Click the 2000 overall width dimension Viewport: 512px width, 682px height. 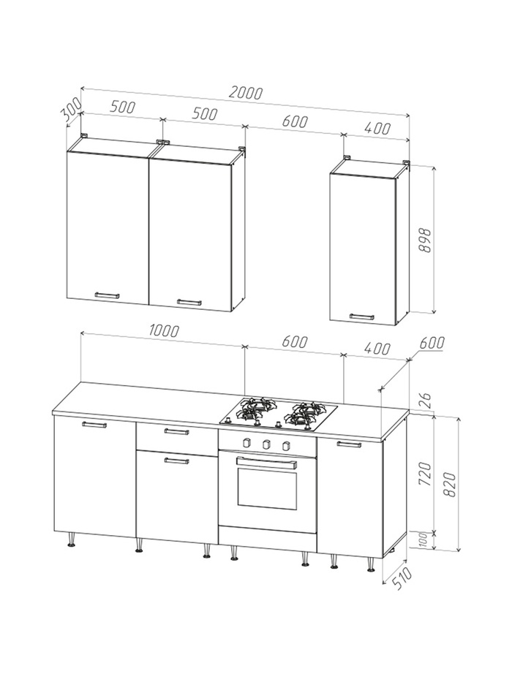point(246,93)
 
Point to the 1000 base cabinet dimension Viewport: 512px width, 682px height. point(164,330)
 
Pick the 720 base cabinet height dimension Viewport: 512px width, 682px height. point(425,474)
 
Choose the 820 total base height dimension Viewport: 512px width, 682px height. point(449,485)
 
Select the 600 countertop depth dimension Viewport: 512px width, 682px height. point(432,343)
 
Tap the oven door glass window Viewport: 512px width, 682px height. point(267,488)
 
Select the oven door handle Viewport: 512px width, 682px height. point(266,462)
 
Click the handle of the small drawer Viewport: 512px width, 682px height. point(177,432)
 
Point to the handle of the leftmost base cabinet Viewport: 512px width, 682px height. point(94,425)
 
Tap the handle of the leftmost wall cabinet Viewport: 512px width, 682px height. point(107,295)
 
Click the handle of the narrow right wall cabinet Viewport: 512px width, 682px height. point(362,317)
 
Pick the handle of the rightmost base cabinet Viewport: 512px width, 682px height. point(349,444)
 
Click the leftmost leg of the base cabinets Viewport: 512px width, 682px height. point(71,539)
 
